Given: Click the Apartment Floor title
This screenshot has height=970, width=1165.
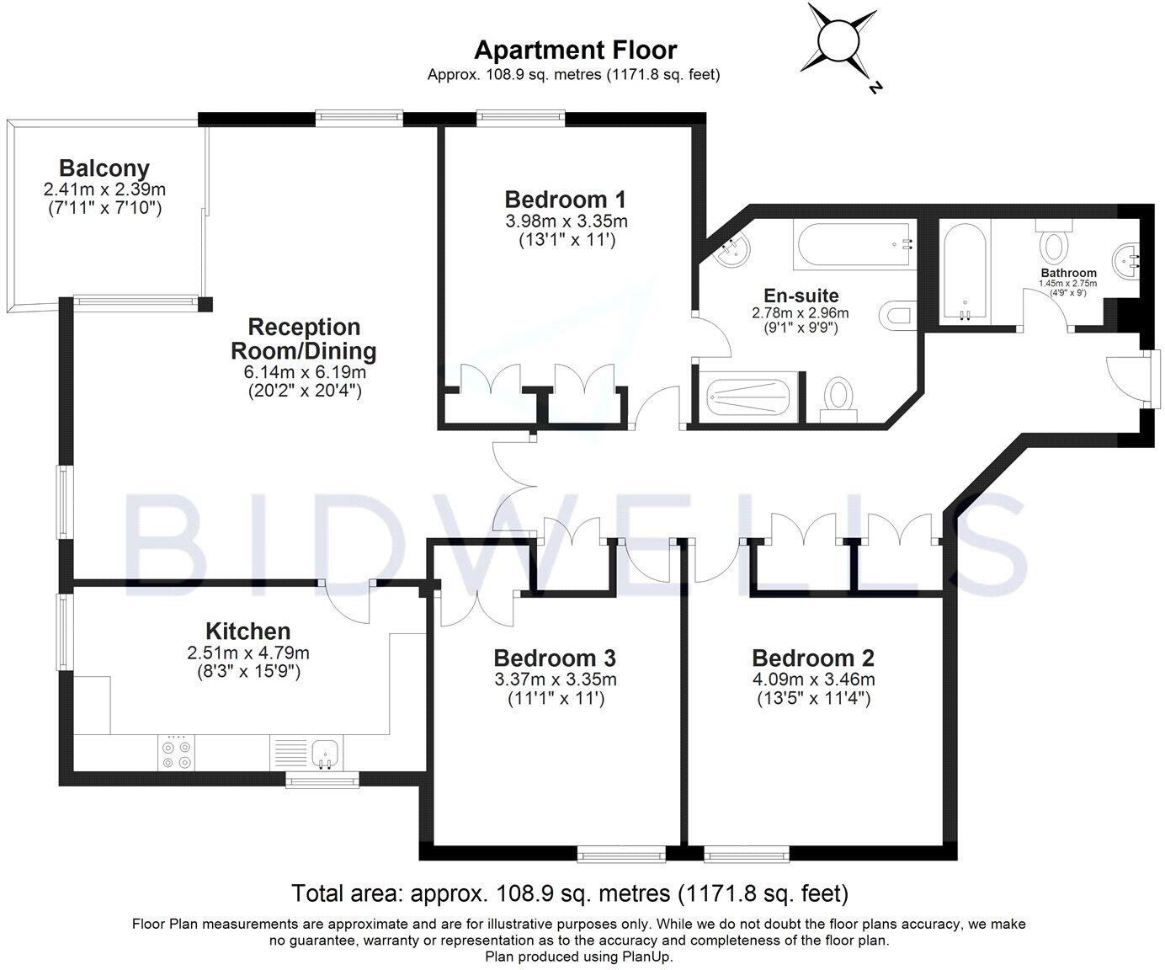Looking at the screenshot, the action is [575, 51].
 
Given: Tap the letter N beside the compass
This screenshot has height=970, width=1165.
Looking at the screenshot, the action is [875, 88].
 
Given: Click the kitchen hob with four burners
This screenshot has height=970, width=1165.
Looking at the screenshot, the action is [176, 753].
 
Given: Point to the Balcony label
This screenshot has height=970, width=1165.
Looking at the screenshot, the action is [104, 168].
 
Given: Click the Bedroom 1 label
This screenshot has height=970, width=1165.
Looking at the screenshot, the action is [565, 200].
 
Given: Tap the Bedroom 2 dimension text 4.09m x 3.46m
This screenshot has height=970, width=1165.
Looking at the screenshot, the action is [813, 680].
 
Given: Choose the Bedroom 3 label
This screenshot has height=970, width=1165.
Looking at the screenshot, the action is [555, 658].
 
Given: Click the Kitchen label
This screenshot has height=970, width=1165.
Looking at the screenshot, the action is [248, 632].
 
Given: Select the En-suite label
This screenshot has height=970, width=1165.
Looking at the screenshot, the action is [801, 296].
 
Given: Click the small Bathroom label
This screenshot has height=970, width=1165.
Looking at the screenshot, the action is [1068, 273].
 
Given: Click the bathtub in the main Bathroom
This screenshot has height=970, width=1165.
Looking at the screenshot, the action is [965, 272].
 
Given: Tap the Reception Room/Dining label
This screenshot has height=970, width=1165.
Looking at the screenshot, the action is [304, 338].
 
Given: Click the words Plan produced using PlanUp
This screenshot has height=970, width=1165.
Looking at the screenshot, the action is [579, 957].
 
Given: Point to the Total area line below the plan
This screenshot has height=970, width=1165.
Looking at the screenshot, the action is [570, 893].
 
